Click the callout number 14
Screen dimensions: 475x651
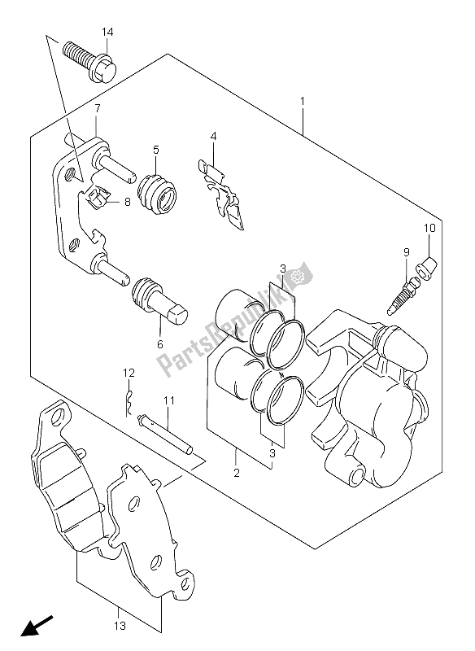pos(107,32)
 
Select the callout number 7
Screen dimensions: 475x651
pos(97,109)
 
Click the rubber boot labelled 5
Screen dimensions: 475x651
pos(157,194)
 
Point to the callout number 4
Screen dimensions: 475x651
pos(213,136)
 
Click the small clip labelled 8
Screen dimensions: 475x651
pos(98,196)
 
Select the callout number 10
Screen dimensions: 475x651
pos(429,228)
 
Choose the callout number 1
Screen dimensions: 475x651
pos(303,101)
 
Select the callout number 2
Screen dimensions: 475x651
pos(237,473)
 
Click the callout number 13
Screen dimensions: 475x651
pos(120,626)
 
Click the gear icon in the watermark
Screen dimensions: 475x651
pos(297,276)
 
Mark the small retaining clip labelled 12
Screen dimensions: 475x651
pos(129,402)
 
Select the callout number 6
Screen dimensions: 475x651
pos(160,343)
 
